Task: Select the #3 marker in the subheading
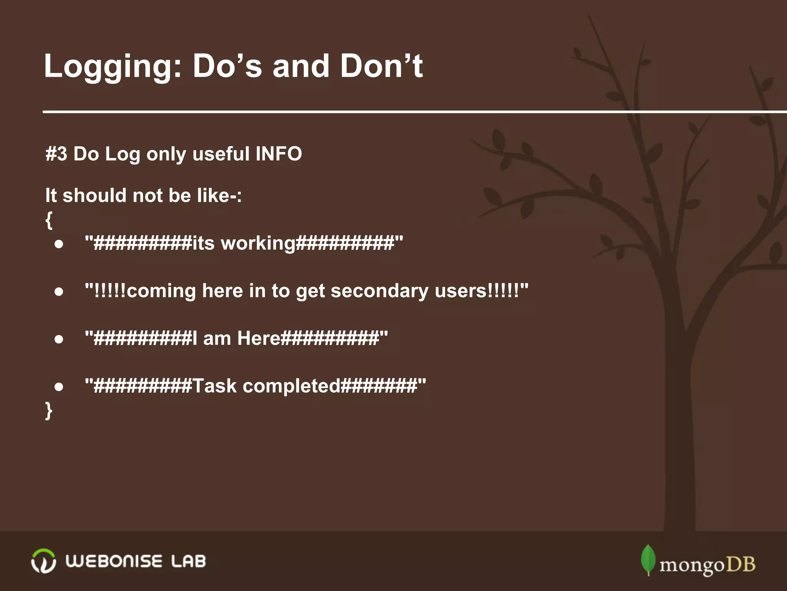[x=56, y=154]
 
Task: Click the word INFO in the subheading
[x=279, y=154]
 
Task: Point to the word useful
[x=221, y=154]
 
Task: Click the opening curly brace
[x=49, y=220]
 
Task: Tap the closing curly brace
[x=49, y=410]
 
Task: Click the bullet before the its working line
[x=59, y=244]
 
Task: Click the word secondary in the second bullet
[x=380, y=291]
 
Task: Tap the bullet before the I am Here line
[x=59, y=339]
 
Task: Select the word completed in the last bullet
[x=291, y=386]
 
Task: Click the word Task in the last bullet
[x=214, y=386]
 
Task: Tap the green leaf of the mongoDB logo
[x=648, y=559]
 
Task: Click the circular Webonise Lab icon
[x=43, y=561]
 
